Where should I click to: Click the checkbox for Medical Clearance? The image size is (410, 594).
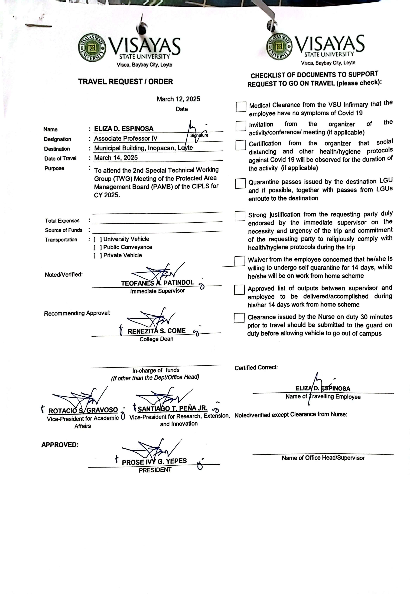pyautogui.click(x=241, y=107)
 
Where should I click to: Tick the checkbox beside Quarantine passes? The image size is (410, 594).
pyautogui.click(x=240, y=183)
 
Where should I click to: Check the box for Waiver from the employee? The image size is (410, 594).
pyautogui.click(x=240, y=261)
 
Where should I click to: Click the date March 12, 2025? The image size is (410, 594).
pyautogui.click(x=178, y=99)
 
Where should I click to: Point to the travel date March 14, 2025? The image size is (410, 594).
pyautogui.click(x=116, y=158)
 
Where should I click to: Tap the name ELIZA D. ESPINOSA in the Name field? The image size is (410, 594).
pyautogui.click(x=123, y=129)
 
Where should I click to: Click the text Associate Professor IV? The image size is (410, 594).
pyautogui.click(x=126, y=138)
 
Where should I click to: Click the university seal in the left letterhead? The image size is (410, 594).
pyautogui.click(x=92, y=48)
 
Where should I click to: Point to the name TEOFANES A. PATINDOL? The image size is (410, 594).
pyautogui.click(x=157, y=283)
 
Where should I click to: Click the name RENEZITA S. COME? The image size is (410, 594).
pyautogui.click(x=157, y=331)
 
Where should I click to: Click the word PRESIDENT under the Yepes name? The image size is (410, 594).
pyautogui.click(x=155, y=470)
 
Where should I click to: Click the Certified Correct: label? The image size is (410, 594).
pyautogui.click(x=256, y=368)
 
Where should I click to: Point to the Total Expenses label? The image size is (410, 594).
pyautogui.click(x=62, y=221)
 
